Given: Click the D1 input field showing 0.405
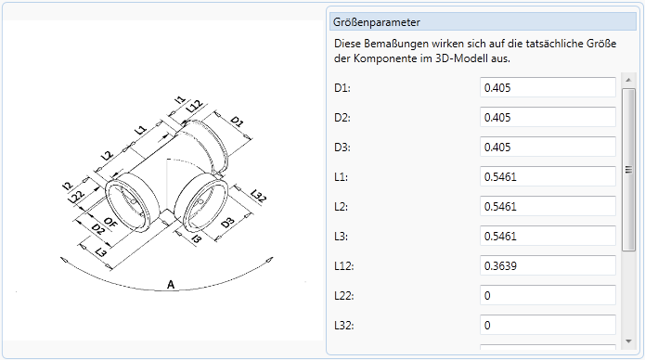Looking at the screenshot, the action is (x=548, y=87).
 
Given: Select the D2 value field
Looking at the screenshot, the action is (x=548, y=117).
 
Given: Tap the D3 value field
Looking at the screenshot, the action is (x=548, y=147).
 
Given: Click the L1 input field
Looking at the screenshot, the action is (x=548, y=176).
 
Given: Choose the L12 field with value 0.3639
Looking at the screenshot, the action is (x=548, y=265).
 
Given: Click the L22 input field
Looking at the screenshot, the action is (x=548, y=295).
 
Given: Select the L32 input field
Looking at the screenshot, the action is (x=548, y=325).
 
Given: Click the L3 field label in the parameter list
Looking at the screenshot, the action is (x=341, y=237).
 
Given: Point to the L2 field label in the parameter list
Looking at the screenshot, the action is (x=341, y=207).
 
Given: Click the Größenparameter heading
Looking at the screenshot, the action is (x=377, y=22).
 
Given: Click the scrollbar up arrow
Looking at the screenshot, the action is (x=628, y=80).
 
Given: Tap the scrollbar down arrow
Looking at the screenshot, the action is (x=628, y=341).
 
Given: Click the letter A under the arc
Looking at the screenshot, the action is (x=171, y=284).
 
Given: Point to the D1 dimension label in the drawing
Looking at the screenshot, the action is (x=237, y=122).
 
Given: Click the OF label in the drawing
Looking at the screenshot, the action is (x=110, y=223).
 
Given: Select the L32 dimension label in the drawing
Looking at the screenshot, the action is (x=258, y=196).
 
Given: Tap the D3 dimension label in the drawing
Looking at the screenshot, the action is (x=227, y=223).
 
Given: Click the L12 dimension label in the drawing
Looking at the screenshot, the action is (x=194, y=107).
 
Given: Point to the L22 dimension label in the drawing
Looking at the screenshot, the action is (x=76, y=197).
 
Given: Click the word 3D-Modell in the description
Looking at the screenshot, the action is (x=461, y=58).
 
